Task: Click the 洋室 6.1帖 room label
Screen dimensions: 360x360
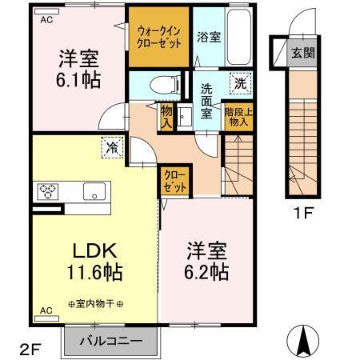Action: click(x=78, y=68)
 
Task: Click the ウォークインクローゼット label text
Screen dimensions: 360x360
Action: click(x=158, y=37)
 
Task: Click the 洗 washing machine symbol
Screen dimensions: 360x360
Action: click(x=239, y=82)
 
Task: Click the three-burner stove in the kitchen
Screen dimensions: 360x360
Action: click(x=46, y=191)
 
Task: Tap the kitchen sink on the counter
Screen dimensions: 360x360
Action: click(x=94, y=191)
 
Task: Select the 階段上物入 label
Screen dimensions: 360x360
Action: click(x=238, y=119)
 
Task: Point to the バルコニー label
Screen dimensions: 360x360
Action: click(x=113, y=340)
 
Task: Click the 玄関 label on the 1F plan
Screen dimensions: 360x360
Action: click(x=302, y=54)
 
